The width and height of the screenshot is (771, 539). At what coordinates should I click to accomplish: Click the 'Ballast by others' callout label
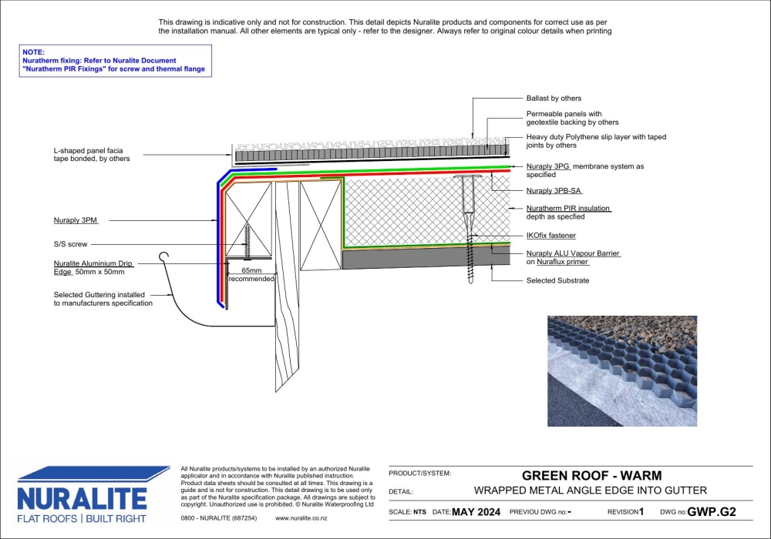pyautogui.click(x=554, y=99)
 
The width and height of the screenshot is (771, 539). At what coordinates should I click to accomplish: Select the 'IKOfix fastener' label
pyautogui.click(x=550, y=236)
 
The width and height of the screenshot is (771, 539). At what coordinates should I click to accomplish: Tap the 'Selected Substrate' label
pyautogui.click(x=557, y=280)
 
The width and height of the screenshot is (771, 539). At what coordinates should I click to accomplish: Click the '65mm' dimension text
pyautogui.click(x=251, y=271)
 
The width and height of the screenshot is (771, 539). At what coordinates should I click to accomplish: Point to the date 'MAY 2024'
pyautogui.click(x=476, y=512)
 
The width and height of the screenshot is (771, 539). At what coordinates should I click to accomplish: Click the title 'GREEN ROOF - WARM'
pyautogui.click(x=591, y=476)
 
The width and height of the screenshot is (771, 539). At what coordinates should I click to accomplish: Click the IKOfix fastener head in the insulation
pyautogui.click(x=469, y=179)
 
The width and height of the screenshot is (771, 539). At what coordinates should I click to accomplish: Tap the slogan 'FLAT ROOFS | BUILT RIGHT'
pyautogui.click(x=82, y=518)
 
